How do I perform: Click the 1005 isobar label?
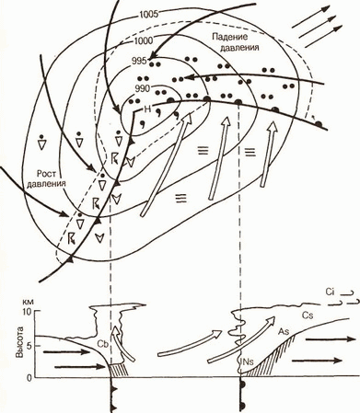pyautogui.click(x=148, y=15)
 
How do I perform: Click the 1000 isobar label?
pyautogui.click(x=144, y=40)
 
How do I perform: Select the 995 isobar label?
pyautogui.click(x=139, y=61)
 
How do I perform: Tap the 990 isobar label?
pyautogui.click(x=143, y=88)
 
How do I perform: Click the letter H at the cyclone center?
pyautogui.click(x=147, y=109)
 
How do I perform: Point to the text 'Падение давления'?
pyautogui.click(x=235, y=42)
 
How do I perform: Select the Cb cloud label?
pyautogui.click(x=102, y=344)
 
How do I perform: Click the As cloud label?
pyautogui.click(x=284, y=331)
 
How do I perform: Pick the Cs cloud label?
pyautogui.click(x=308, y=315)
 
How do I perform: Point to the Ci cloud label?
pyautogui.click(x=330, y=293)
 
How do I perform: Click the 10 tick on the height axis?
pyautogui.click(x=29, y=312)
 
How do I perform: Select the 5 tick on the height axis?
pyautogui.click(x=29, y=346)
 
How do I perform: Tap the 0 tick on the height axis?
pyautogui.click(x=29, y=378)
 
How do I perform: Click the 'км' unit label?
pyautogui.click(x=29, y=302)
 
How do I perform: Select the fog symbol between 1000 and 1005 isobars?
pyautogui.click(x=181, y=198)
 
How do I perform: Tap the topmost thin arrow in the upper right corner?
pyautogui.click(x=311, y=17)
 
